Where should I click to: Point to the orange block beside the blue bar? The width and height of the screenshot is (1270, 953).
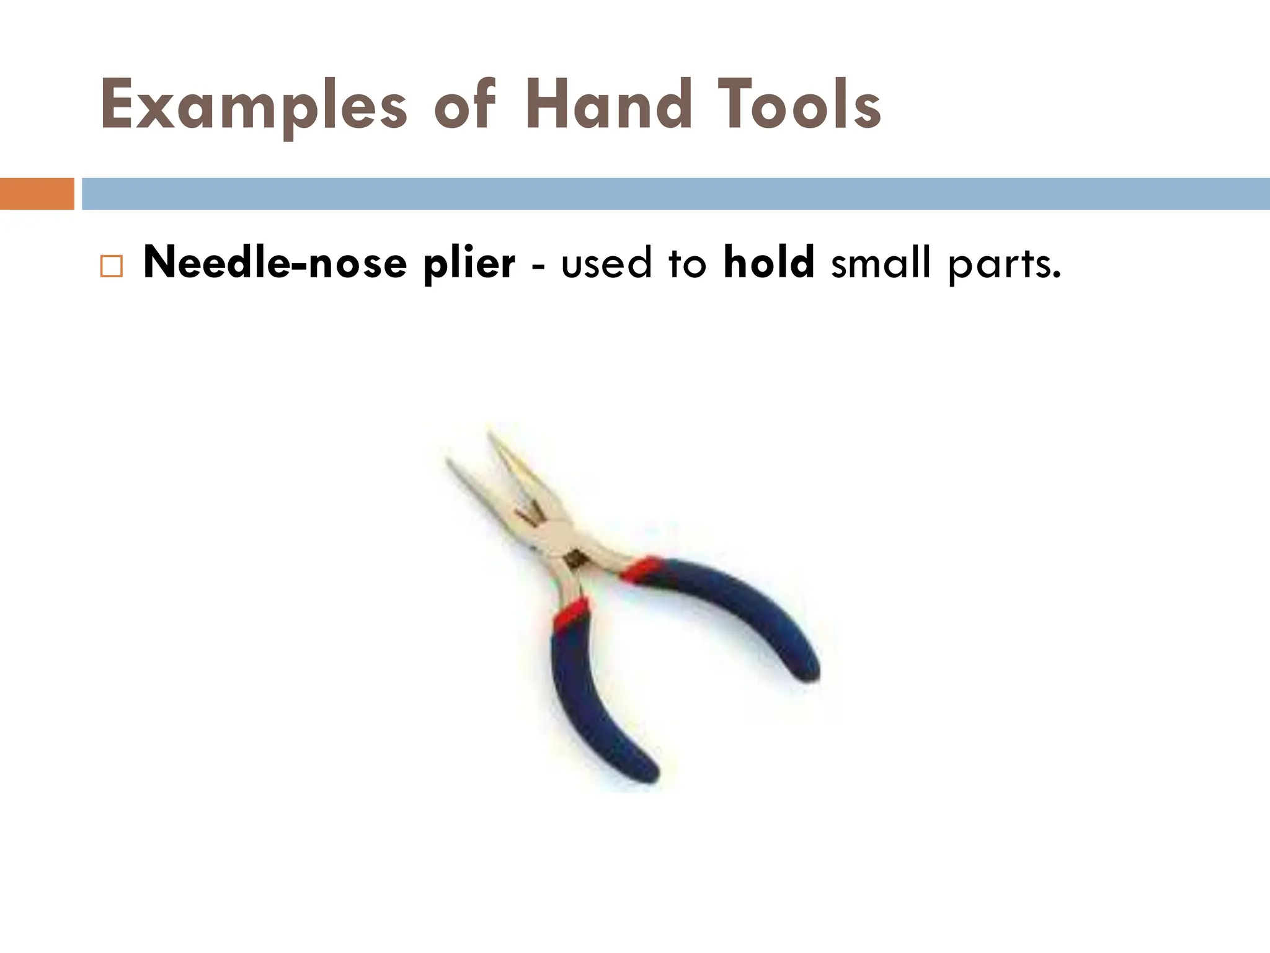(x=37, y=194)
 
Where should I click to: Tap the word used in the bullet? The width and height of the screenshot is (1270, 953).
(x=606, y=263)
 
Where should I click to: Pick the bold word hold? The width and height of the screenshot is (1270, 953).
(x=768, y=262)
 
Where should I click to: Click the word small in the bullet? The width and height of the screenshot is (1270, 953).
(x=881, y=263)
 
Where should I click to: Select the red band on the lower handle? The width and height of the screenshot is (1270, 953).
(x=571, y=613)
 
